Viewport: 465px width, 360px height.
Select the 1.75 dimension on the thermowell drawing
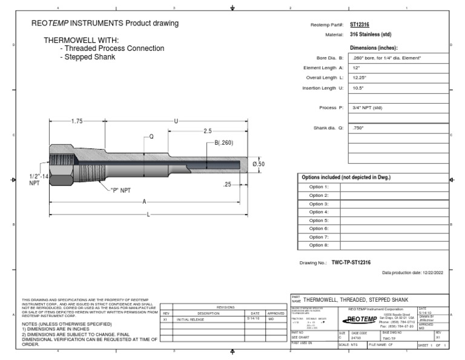coord(76,121)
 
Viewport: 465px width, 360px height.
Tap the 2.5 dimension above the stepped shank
coord(207,131)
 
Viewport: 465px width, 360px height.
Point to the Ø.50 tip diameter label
coord(258,164)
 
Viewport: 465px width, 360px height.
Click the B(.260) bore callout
coord(223,143)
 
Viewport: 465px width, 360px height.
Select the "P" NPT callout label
coord(120,190)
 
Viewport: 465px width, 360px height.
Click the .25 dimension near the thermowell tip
coord(228,184)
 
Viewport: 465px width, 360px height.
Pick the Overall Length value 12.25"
coord(361,78)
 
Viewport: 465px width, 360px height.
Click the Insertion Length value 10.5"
coord(360,88)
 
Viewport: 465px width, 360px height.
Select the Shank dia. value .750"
coord(360,128)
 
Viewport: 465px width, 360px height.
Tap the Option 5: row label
coord(318,220)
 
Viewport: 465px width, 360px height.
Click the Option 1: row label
coord(318,187)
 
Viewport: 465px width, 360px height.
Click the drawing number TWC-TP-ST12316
coord(352,263)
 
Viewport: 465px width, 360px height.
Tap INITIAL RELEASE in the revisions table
coord(191,318)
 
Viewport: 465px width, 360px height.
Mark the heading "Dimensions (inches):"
coord(375,47)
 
